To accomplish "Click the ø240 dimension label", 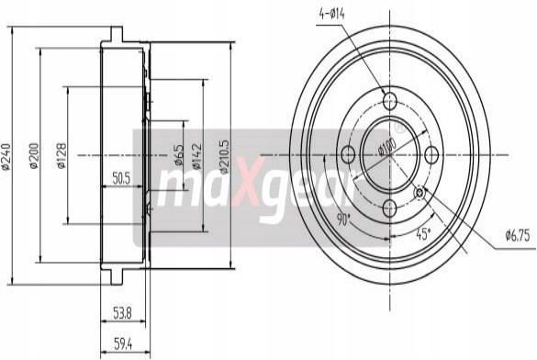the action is click(x=6, y=156).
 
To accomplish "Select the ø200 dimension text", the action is click(x=34, y=156).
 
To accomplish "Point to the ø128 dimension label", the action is click(x=62, y=156).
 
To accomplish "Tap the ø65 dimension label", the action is click(x=179, y=155).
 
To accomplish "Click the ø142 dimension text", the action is click(x=196, y=156).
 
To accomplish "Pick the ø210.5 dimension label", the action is click(x=224, y=156).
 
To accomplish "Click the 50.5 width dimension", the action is click(x=121, y=178).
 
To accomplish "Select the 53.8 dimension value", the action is click(x=122, y=313).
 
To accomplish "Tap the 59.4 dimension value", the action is click(x=123, y=344).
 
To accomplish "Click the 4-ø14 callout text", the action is click(x=332, y=14).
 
